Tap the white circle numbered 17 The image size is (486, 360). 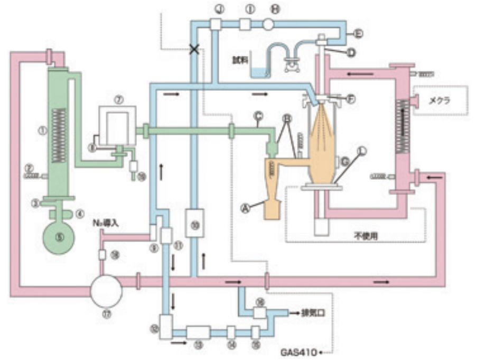106,289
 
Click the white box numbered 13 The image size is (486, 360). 198,332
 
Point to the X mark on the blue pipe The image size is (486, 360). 194,49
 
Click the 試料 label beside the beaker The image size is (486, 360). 239,60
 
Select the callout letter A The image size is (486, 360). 245,208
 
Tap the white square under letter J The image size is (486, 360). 214,24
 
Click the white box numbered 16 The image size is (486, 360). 259,312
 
